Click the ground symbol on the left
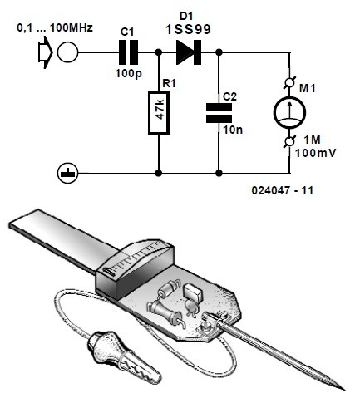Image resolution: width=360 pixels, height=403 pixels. tap(63, 174)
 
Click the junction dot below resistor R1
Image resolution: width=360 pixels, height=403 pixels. tap(158, 174)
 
